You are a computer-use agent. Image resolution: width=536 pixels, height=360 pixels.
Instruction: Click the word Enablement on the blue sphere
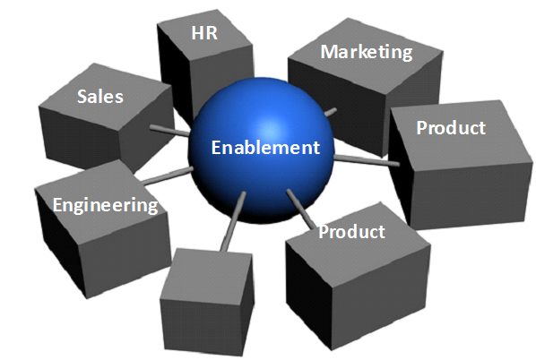265,148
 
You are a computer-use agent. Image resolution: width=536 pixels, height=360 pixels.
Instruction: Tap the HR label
204,33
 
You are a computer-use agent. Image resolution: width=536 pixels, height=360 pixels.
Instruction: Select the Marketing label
367,53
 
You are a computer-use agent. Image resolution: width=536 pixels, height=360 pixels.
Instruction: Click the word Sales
100,97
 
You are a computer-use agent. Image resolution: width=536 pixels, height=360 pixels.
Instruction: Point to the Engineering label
105,205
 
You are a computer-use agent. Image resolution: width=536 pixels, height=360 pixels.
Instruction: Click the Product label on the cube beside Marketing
451,128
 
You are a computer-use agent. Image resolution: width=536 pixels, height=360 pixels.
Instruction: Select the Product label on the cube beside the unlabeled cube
351,232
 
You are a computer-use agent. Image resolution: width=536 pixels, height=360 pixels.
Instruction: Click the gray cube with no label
207,302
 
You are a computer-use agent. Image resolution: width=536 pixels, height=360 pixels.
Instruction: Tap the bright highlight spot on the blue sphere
271,129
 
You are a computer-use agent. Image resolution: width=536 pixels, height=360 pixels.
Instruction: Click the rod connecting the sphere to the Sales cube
169,131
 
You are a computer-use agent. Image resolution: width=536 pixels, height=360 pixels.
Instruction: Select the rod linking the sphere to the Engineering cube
167,176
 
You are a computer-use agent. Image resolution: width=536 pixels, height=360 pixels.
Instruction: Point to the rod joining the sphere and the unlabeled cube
233,222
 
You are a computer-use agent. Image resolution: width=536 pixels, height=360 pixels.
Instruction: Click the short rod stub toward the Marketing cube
330,112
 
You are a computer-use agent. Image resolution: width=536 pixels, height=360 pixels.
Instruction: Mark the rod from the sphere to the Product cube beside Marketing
367,160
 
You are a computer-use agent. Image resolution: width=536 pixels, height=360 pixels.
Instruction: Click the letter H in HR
197,33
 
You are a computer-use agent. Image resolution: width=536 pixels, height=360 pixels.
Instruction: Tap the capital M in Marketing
329,51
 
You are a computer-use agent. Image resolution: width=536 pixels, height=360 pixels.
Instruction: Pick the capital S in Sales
82,97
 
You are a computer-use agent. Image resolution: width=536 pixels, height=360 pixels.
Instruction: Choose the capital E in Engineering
58,204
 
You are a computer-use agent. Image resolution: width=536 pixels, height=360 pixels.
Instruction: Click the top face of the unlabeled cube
207,275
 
